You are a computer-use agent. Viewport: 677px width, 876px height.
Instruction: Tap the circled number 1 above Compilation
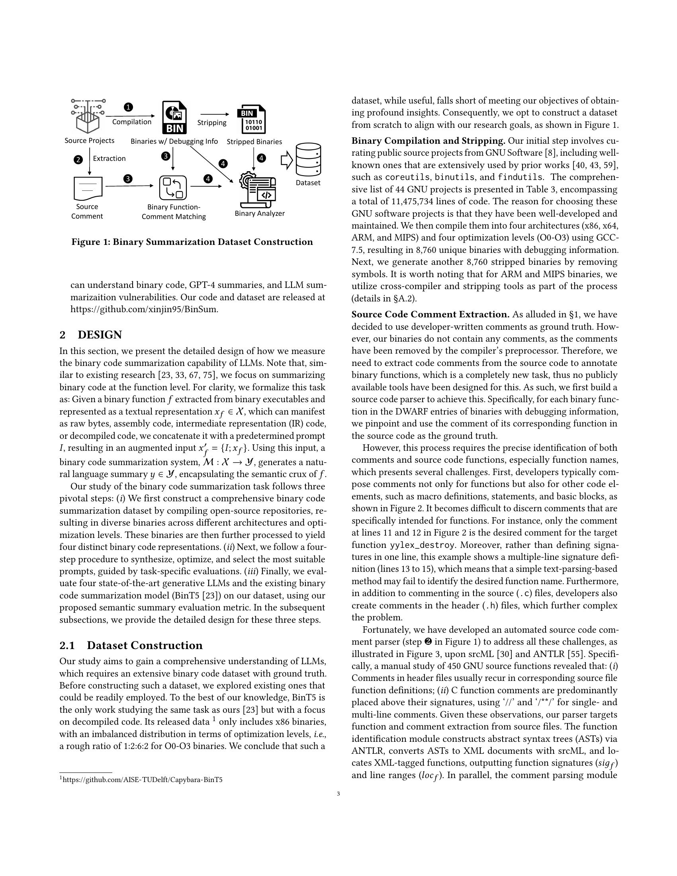(x=128, y=107)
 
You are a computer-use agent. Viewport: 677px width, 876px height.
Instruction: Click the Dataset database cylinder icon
(x=308, y=160)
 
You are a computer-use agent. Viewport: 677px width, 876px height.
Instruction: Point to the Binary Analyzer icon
(x=259, y=188)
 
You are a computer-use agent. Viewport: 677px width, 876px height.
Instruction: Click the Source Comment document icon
(x=88, y=188)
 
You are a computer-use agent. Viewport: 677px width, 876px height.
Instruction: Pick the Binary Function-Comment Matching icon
(x=173, y=187)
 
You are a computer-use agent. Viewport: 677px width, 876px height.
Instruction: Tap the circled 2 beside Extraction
(x=78, y=160)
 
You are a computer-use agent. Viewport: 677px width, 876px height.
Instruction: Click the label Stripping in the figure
(x=212, y=123)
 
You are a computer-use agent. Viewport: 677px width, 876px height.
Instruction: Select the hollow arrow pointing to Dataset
(x=286, y=160)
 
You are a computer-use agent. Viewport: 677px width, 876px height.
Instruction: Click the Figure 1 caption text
(x=192, y=242)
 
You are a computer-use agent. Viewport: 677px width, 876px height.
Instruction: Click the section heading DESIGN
(x=100, y=334)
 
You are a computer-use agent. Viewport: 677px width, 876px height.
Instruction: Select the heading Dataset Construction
(x=145, y=645)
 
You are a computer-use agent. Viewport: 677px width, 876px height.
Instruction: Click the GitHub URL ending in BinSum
(x=145, y=310)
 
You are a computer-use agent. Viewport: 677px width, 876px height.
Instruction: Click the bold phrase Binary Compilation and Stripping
(x=428, y=141)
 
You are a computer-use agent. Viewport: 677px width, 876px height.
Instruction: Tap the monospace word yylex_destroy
(x=423, y=545)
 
